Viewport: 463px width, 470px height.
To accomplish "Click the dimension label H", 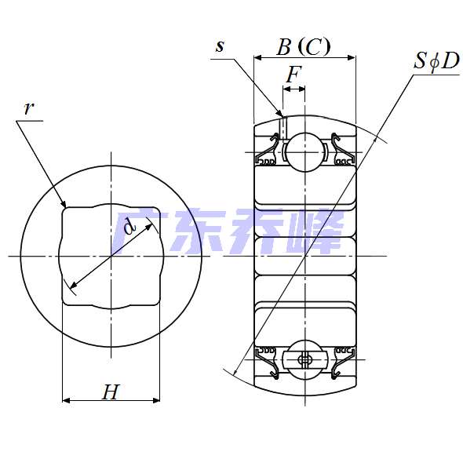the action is [x=111, y=392].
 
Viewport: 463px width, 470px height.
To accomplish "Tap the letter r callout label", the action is [x=28, y=108].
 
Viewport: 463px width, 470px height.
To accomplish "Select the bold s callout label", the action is [x=221, y=46].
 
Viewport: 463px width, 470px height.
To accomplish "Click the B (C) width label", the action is [x=303, y=47].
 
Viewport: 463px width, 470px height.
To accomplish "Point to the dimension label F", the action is [x=293, y=74].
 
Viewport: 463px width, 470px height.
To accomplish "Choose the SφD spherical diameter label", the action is [x=436, y=61].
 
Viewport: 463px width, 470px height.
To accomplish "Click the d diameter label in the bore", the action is [x=129, y=226].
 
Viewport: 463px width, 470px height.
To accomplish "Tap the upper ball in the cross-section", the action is [x=305, y=152].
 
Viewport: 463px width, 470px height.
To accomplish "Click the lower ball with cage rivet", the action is [x=305, y=359].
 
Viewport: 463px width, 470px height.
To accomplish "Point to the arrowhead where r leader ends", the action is [x=64, y=204].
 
